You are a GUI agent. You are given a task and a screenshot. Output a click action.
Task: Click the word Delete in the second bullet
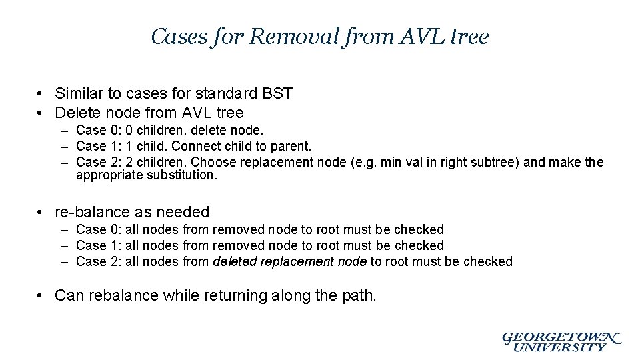[77, 113]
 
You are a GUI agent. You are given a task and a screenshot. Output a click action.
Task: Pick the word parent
[291, 146]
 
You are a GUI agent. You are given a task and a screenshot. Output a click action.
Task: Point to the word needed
[182, 212]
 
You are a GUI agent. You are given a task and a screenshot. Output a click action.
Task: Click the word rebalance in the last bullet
[124, 295]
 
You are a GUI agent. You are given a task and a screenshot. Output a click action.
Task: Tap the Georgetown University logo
[561, 341]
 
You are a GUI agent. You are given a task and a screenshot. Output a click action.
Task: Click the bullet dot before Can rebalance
[41, 295]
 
